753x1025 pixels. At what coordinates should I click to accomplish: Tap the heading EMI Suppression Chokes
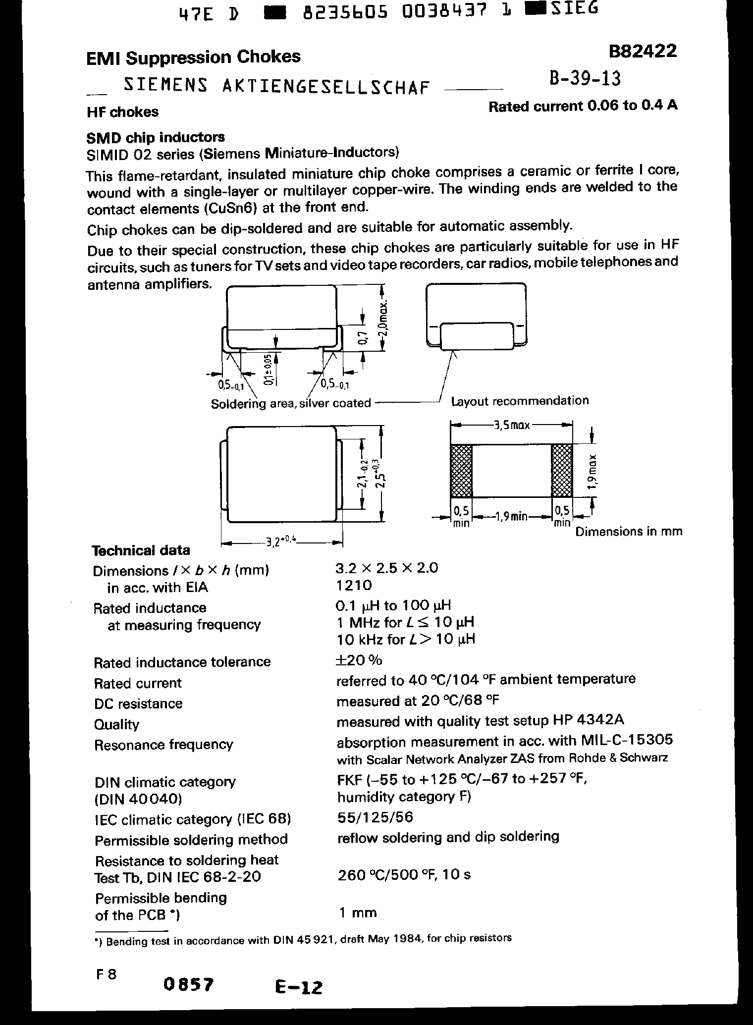pos(193,57)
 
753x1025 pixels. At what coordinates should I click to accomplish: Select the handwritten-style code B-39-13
pos(585,78)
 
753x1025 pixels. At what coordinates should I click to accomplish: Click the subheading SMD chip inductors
pos(156,137)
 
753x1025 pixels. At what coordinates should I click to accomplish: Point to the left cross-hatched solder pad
pos(461,471)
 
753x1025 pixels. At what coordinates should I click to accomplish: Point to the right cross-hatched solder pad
pos(562,471)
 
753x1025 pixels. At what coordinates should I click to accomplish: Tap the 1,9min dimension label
pos(512,517)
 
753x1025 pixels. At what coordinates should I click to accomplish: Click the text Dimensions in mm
pos(628,532)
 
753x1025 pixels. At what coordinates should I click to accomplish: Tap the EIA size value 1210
pos(354,586)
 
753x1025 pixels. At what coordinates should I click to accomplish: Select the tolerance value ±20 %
pos(359,660)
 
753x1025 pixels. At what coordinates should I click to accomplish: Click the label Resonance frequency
pos(163,745)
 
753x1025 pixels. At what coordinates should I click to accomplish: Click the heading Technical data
pos(141,550)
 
